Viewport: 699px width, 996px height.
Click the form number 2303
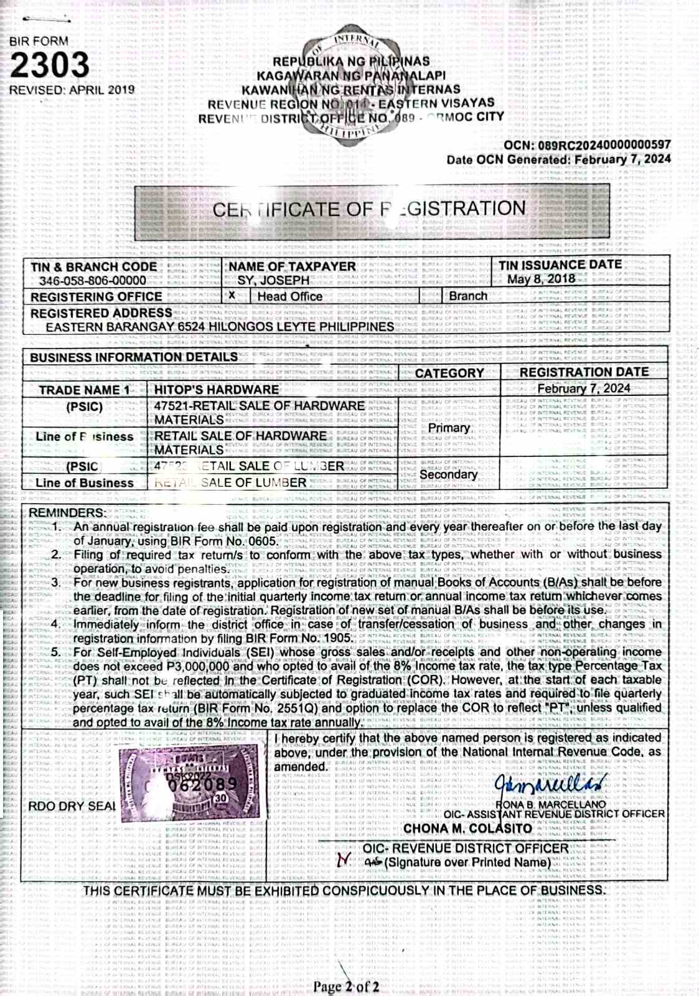point(50,65)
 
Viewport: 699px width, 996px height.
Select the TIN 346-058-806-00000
point(93,281)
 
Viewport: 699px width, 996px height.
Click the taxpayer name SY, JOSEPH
point(273,280)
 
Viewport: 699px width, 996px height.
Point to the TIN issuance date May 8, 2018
point(541,279)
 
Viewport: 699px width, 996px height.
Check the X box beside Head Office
point(232,296)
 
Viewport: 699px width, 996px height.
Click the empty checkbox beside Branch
point(431,296)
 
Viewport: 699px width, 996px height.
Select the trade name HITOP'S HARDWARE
point(217,390)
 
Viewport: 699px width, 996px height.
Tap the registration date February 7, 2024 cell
point(584,388)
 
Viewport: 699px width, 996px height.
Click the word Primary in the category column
point(449,428)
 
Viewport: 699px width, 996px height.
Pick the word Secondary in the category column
point(448,474)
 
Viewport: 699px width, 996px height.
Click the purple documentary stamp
point(190,781)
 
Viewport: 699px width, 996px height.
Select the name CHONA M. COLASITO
point(467,829)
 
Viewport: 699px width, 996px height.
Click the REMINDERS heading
point(67,512)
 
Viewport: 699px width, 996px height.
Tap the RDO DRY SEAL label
point(72,806)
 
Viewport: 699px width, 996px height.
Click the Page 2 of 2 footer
point(346,987)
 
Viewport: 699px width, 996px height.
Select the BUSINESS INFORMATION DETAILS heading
point(133,357)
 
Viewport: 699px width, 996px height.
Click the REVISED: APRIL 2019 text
point(72,90)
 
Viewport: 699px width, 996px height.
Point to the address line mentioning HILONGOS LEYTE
point(220,326)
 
